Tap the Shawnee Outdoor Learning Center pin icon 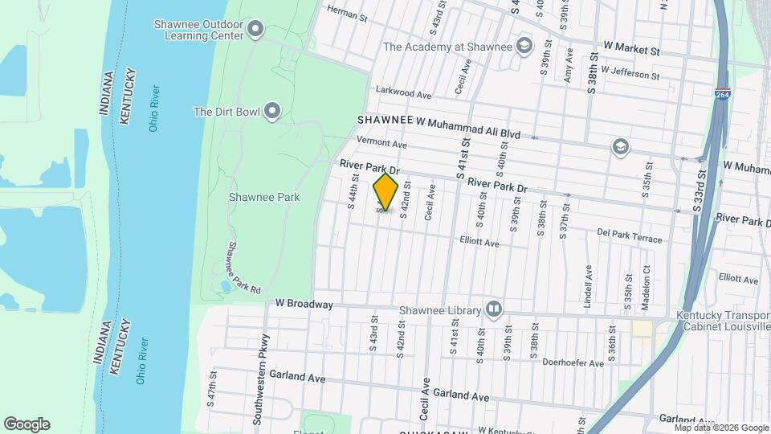click(256, 31)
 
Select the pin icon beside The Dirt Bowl click(273, 112)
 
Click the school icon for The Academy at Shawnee click(525, 46)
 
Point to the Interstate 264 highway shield click(723, 95)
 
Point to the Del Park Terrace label click(630, 235)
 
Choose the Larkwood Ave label click(404, 94)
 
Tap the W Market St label click(630, 50)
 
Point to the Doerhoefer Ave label click(573, 363)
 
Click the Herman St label click(347, 14)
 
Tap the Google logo click(27, 424)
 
